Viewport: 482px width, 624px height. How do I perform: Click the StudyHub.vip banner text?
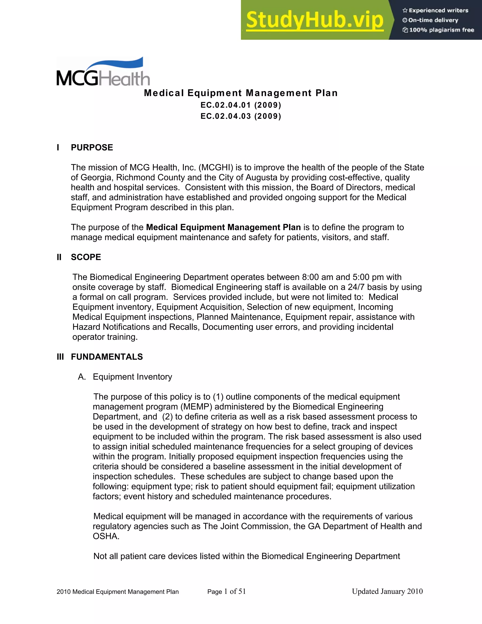point(314,20)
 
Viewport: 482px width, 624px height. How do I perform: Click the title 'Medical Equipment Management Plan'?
point(241,93)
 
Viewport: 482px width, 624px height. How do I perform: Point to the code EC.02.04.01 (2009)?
point(241,105)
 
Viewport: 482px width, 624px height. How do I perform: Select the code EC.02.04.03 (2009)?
point(241,116)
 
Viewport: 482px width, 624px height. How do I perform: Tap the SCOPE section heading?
point(86,257)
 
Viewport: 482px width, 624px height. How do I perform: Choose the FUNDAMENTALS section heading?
point(107,357)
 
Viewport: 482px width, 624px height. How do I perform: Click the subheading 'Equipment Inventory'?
point(132,377)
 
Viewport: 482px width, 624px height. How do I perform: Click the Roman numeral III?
point(60,357)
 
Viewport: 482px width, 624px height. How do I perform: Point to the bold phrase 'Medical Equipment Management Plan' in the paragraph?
point(223,227)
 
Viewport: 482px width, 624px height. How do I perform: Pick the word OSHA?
point(106,536)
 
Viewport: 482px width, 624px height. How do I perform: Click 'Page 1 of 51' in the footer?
point(226,592)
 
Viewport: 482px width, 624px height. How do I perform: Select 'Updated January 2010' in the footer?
point(387,592)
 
